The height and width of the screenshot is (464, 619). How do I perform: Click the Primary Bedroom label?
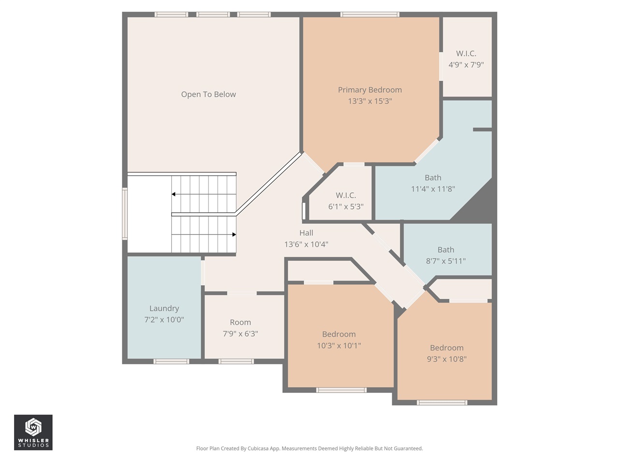pyautogui.click(x=369, y=90)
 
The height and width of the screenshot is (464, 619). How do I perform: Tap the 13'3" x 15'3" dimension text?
pyautogui.click(x=369, y=101)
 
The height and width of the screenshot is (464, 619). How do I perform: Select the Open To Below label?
pyautogui.click(x=208, y=94)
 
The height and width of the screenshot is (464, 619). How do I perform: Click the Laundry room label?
pyautogui.click(x=164, y=308)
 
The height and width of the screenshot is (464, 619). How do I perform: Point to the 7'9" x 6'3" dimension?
pyautogui.click(x=240, y=333)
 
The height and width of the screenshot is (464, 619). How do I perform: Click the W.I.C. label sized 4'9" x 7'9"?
pyautogui.click(x=466, y=54)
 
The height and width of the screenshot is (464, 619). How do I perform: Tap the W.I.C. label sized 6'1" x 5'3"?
pyautogui.click(x=346, y=195)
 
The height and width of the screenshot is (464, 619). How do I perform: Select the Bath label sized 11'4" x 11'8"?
pyautogui.click(x=433, y=178)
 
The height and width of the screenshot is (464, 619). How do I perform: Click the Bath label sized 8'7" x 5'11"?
pyautogui.click(x=445, y=250)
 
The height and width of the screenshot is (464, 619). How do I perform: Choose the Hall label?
pyautogui.click(x=306, y=233)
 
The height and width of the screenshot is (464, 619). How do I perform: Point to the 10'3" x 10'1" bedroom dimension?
pyautogui.click(x=339, y=346)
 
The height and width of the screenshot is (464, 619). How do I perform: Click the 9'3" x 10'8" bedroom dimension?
pyautogui.click(x=446, y=359)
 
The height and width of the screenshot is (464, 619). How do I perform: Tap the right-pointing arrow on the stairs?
pyautogui.click(x=234, y=234)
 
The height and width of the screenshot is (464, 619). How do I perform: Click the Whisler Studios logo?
pyautogui.click(x=33, y=432)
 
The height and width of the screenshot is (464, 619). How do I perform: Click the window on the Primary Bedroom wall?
pyautogui.click(x=370, y=14)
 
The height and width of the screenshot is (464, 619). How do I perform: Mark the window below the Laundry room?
pyautogui.click(x=171, y=361)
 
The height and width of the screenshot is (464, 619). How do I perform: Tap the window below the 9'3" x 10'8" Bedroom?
pyautogui.click(x=442, y=402)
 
